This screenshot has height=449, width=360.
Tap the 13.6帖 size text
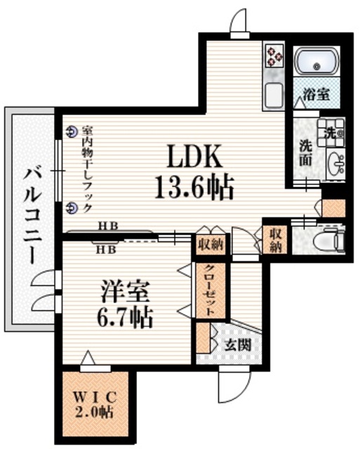[193, 186]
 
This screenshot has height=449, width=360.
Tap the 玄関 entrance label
[234, 344]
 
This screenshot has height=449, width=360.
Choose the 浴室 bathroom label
[316, 95]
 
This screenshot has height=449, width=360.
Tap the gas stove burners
[272, 54]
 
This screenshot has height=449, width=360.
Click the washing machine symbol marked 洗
[331, 130]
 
